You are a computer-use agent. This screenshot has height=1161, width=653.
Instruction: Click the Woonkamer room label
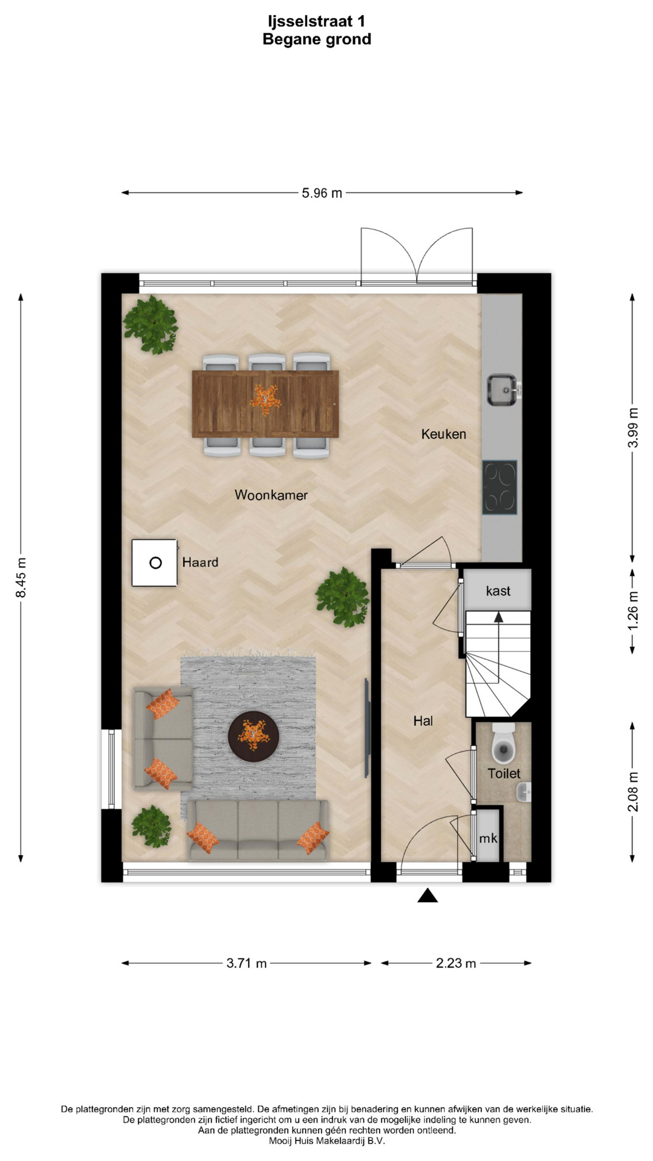271,495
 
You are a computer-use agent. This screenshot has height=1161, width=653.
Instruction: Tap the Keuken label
444,434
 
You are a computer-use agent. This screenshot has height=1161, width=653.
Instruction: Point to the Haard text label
200,562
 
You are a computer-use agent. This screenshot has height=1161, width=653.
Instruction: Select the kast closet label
498,591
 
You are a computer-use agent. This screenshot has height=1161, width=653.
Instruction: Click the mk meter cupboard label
488,838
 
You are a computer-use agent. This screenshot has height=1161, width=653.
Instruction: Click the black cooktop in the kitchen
499,487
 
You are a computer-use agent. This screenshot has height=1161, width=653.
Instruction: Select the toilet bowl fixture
503,744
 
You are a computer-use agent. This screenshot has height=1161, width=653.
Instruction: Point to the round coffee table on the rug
253,737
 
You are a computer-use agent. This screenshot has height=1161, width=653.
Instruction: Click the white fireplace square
155,563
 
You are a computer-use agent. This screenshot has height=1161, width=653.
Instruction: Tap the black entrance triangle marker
427,896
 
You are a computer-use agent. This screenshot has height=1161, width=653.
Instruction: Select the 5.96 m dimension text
322,193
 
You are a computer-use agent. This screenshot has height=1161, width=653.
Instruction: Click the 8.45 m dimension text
21,577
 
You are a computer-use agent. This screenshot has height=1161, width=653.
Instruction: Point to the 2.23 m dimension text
456,963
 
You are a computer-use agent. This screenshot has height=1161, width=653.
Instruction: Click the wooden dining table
265,403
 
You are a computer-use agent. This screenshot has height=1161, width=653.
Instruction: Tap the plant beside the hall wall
342,597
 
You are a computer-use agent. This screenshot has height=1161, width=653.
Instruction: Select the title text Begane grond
317,39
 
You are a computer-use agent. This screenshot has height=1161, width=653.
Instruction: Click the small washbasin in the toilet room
524,792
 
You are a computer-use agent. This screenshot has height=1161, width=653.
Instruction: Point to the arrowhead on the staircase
498,617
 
